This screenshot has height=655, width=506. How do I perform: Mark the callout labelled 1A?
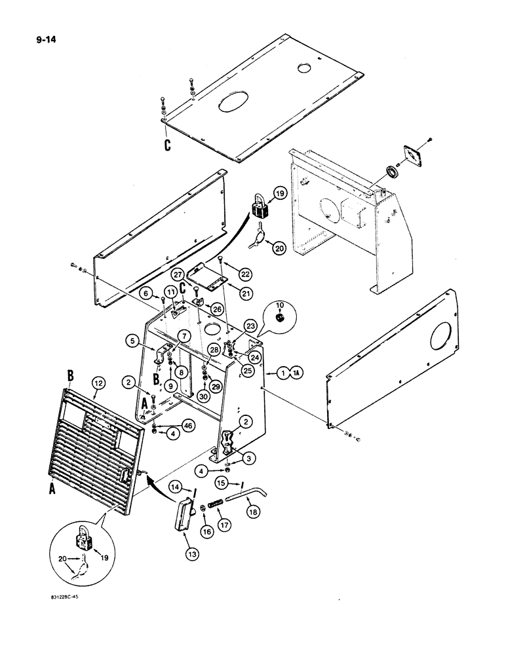coord(287,374)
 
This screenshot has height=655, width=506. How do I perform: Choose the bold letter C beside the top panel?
coord(168,145)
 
